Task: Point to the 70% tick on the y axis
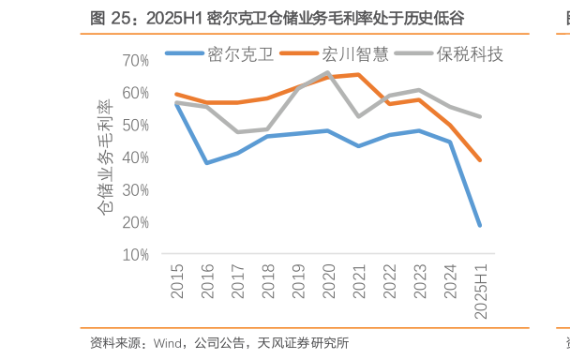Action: [x=136, y=61]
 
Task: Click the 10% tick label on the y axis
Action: [x=136, y=255]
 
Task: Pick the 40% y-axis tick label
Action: [x=136, y=157]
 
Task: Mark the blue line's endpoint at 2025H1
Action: [x=480, y=225]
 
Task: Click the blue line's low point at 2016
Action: [x=206, y=163]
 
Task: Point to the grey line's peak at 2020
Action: [x=327, y=72]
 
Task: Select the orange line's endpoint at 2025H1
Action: [x=480, y=160]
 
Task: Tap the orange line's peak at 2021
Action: [x=358, y=75]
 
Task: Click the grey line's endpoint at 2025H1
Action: [x=480, y=116]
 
